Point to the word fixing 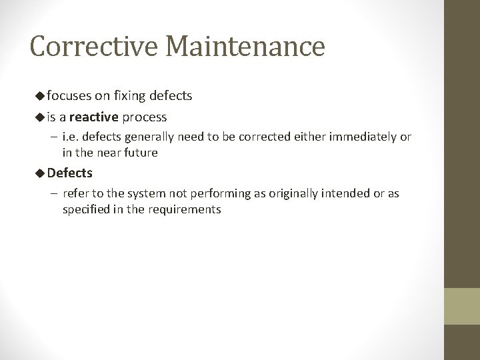(132, 96)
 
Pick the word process (145, 117)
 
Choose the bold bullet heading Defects (70, 173)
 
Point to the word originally (277, 194)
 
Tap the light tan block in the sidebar (462, 305)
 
